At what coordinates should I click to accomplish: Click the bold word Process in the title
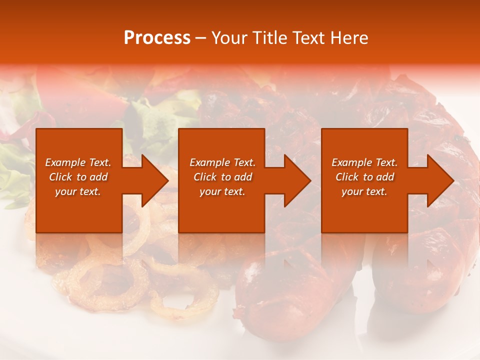[x=157, y=38]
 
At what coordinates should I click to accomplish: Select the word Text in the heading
[x=307, y=38]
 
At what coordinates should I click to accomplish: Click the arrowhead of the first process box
[x=153, y=180]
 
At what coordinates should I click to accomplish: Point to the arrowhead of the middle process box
[x=296, y=180]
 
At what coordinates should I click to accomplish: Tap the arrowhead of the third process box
[x=439, y=180]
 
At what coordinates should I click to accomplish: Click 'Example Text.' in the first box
[x=78, y=162]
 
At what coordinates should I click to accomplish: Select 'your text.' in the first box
[x=78, y=191]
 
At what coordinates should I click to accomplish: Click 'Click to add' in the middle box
[x=222, y=177]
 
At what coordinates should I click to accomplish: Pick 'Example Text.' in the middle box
[x=222, y=162]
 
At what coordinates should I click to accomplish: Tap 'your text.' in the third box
[x=364, y=191]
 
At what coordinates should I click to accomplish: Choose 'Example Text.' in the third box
[x=364, y=162]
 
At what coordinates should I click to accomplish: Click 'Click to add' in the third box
[x=364, y=177]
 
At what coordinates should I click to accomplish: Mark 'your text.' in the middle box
[x=222, y=191]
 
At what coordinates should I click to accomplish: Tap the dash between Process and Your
[x=201, y=38]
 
